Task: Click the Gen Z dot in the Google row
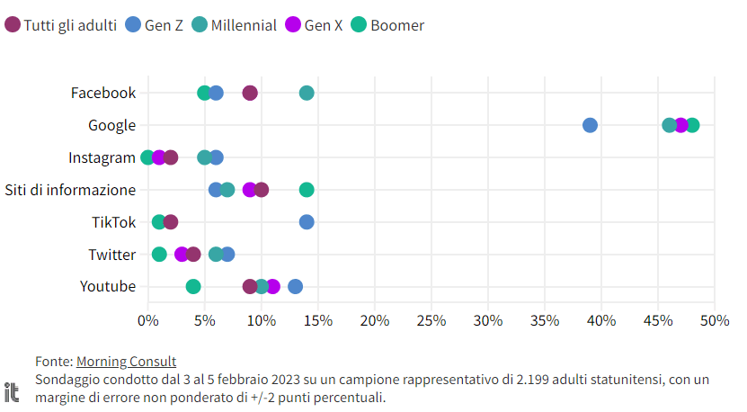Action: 590,125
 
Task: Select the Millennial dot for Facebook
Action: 307,94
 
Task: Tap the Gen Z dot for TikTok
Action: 307,222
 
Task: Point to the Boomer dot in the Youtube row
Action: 193,287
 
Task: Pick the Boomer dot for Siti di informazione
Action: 307,190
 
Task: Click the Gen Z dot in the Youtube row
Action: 295,287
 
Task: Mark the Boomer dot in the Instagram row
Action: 147,157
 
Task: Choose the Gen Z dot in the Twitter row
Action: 227,255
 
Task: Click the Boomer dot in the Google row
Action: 692,125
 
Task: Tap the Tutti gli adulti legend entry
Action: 62,25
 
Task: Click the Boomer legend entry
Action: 387,25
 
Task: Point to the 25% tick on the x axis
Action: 431,320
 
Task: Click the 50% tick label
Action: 715,320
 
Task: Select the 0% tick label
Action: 148,320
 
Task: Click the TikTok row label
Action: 113,222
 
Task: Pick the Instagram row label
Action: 102,157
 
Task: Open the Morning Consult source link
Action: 126,362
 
